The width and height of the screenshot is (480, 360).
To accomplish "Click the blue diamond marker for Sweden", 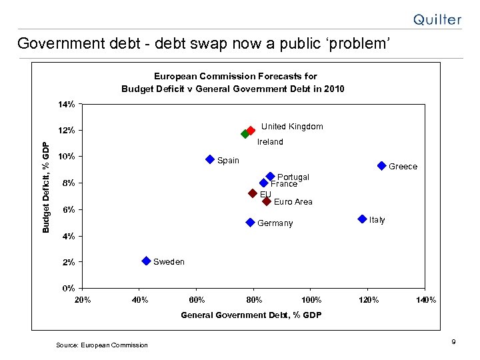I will click(x=146, y=261).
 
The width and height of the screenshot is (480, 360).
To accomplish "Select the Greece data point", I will click(x=381, y=165).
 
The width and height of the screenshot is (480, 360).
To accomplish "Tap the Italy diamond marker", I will click(x=362, y=219).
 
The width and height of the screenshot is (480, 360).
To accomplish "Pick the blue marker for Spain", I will click(x=210, y=159).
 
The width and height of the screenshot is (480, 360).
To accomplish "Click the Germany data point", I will click(x=250, y=222).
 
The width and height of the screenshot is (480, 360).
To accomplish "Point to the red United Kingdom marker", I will click(x=251, y=131).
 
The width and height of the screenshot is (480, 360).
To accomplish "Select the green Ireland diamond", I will click(x=245, y=134).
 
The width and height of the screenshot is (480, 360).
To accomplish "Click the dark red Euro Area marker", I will click(x=267, y=201).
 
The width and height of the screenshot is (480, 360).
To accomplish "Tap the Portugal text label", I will click(x=293, y=177).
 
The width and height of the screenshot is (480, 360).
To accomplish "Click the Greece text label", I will click(x=403, y=167).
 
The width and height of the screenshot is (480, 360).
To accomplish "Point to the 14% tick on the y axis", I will click(x=65, y=105).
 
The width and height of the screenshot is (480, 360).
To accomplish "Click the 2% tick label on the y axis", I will click(x=68, y=263).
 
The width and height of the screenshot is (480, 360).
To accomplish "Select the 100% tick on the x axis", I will click(x=311, y=300).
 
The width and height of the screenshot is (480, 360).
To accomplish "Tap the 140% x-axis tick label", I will click(x=425, y=300).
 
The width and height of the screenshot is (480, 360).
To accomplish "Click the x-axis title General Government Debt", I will click(x=251, y=315).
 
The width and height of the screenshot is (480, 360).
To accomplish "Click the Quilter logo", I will click(x=437, y=20).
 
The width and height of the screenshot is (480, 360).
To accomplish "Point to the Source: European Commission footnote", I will click(x=101, y=345).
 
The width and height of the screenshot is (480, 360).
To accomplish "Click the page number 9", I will click(x=453, y=342).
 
